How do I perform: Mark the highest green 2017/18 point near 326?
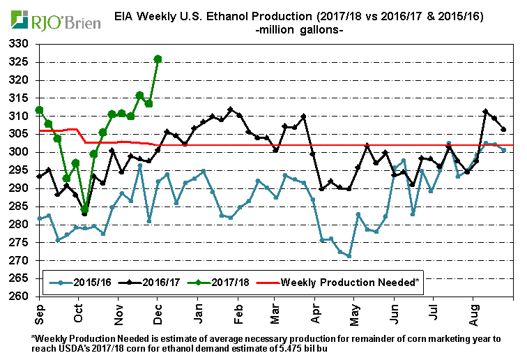click(158, 59)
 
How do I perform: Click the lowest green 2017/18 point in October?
click(84, 209)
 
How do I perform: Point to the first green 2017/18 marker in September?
click(40, 110)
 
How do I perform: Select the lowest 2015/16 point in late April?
click(349, 256)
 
